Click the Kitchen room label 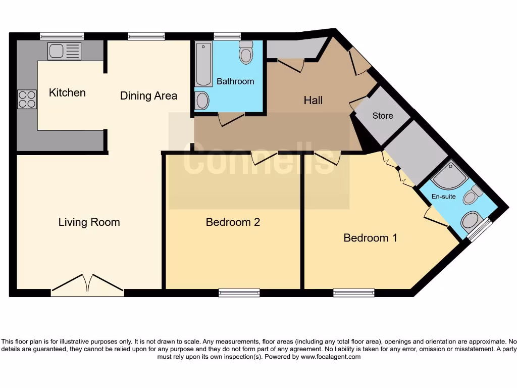[67, 93]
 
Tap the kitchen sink [64, 51]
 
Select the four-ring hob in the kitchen [27, 99]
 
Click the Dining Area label [148, 95]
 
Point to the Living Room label [89, 222]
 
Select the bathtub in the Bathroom [203, 64]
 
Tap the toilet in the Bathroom [246, 53]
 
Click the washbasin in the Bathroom [202, 101]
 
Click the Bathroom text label [235, 81]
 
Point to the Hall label [313, 101]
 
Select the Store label [382, 116]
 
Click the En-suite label [443, 197]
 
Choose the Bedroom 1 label [370, 237]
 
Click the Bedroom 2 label [233, 222]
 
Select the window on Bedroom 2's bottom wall [239, 293]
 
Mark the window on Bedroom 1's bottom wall [353, 293]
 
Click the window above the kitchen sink [62, 36]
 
